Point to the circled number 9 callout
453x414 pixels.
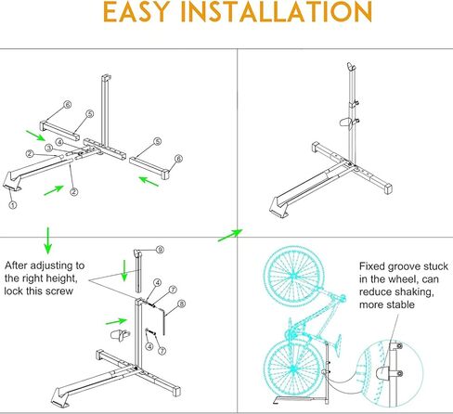pyautogui.click(x=160, y=251)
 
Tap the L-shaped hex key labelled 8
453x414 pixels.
pyautogui.click(x=164, y=320)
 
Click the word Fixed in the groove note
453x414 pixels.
pyautogui.click(x=372, y=265)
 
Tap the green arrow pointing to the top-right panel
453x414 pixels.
pyautogui.click(x=228, y=235)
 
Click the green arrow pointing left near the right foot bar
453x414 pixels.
pyautogui.click(x=146, y=180)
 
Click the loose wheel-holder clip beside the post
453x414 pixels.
pyautogui.click(x=119, y=333)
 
